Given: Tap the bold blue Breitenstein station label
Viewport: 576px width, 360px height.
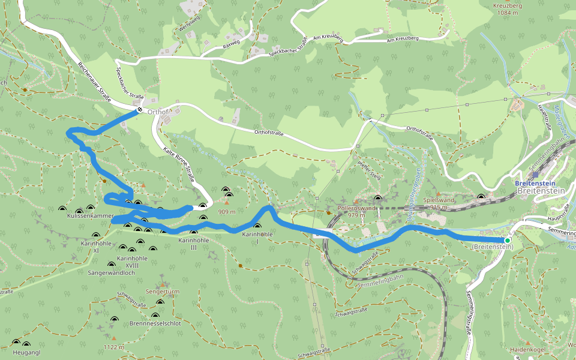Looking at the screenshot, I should point(535,184).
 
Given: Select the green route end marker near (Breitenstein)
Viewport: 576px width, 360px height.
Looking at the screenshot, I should point(507,241).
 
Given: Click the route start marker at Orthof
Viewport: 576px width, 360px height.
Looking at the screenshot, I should point(139,110).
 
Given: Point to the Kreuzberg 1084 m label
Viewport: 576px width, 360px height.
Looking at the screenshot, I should point(508,9).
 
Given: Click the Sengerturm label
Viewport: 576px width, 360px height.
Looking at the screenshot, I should point(163,292).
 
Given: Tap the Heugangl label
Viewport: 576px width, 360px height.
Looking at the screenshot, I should point(26,352).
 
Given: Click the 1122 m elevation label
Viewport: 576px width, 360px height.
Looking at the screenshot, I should point(113,347).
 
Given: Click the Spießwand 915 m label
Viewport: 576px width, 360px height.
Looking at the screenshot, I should point(436,203).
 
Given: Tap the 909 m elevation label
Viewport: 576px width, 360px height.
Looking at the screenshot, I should point(226,212).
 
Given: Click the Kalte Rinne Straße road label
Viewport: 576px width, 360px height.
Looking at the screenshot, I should point(179,166).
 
